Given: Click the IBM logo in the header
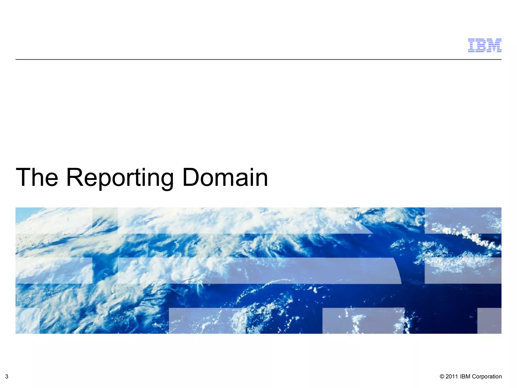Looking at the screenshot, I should [484, 45].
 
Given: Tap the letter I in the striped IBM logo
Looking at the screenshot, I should [472, 45].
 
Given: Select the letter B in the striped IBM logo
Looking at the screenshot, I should [482, 45].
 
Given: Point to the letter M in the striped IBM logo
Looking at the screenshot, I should [494, 45].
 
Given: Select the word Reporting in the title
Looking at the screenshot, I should [120, 178].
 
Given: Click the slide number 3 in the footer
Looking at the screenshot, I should [7, 377].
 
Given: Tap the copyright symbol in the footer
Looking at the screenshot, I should [442, 377].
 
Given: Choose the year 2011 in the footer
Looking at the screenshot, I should [452, 377].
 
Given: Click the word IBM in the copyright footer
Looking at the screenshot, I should [465, 377].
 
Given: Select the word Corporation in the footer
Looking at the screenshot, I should [487, 377].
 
